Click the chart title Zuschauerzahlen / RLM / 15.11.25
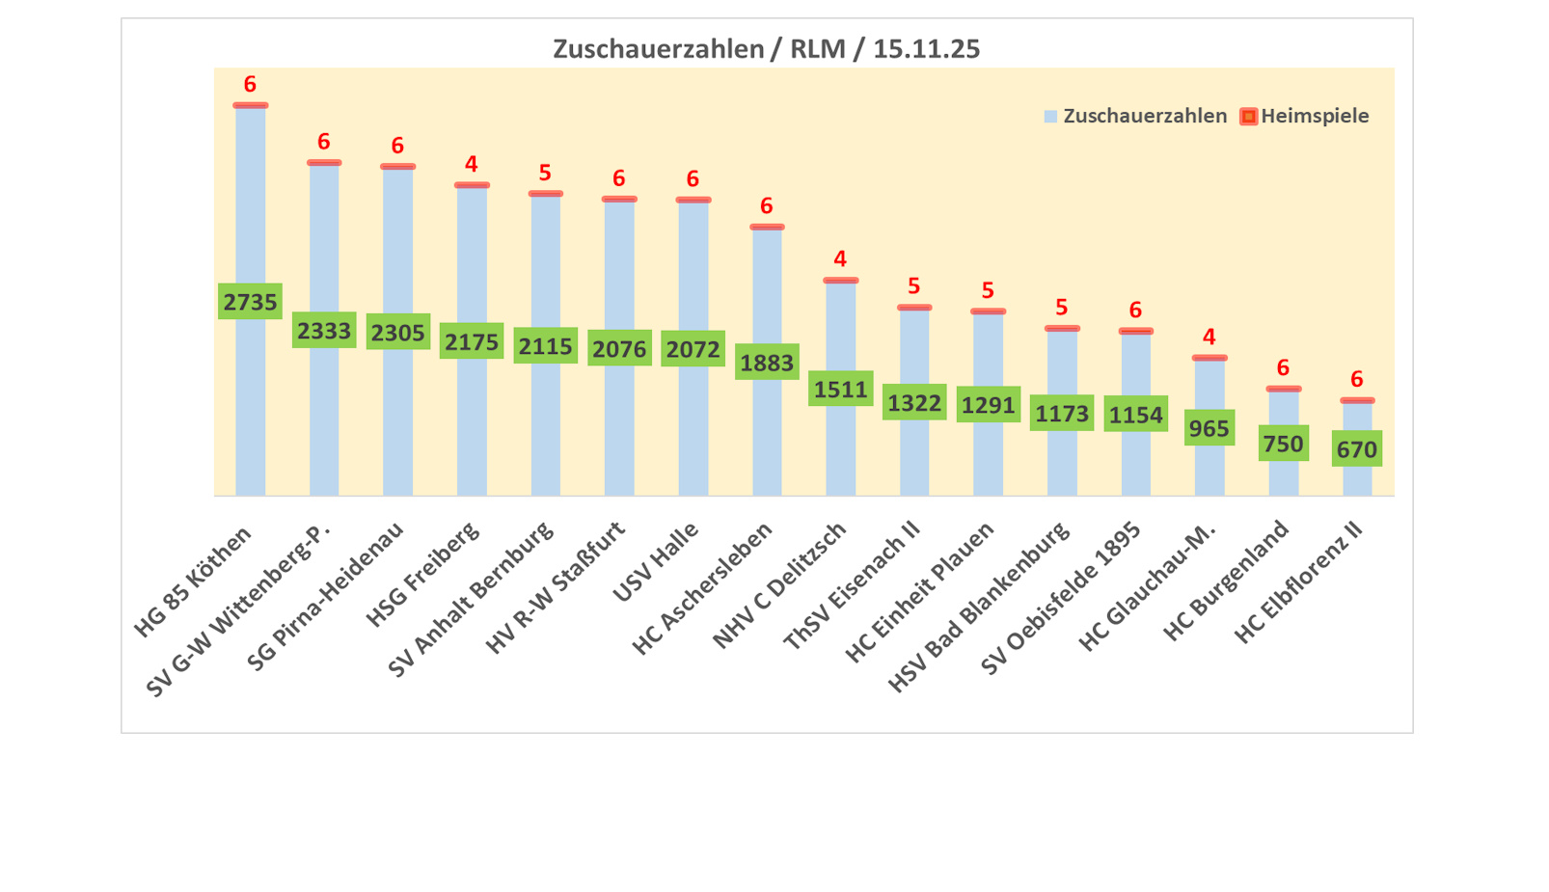pyautogui.click(x=766, y=48)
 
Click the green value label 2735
pyautogui.click(x=250, y=302)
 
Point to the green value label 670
pyautogui.click(x=1356, y=449)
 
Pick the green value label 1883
pyautogui.click(x=767, y=363)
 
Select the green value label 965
pyautogui.click(x=1209, y=428)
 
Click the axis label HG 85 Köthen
pyautogui.click(x=193, y=581)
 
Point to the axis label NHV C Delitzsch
pyautogui.click(x=779, y=585)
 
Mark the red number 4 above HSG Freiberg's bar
pyautogui.click(x=471, y=164)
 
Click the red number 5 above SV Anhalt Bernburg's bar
pyautogui.click(x=545, y=173)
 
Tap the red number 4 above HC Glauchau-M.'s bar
pyautogui.click(x=1209, y=337)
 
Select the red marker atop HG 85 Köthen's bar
pyautogui.click(x=250, y=105)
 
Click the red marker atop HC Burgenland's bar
pyautogui.click(x=1283, y=389)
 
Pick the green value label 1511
pyautogui.click(x=840, y=389)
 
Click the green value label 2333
pyautogui.click(x=324, y=331)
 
